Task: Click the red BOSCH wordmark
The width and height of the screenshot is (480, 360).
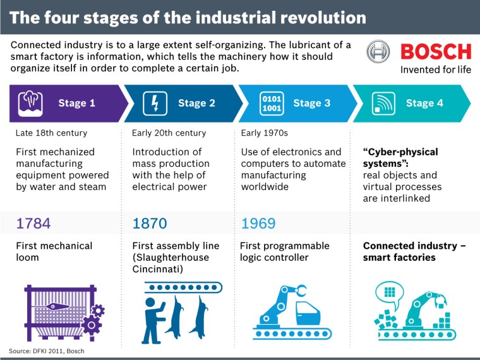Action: pos(436,52)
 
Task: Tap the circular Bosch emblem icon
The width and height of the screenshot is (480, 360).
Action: pos(379,52)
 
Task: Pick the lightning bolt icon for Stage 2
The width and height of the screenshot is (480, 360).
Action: pos(154,103)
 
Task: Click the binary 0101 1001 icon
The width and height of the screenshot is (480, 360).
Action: pos(272,103)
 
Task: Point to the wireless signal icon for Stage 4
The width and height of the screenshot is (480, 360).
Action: pos(382,103)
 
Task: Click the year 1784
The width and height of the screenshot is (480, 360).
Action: pos(33,223)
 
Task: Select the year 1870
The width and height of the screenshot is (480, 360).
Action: pos(150,223)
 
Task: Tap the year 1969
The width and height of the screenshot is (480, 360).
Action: pos(258,223)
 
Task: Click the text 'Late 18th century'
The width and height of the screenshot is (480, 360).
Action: pos(51,133)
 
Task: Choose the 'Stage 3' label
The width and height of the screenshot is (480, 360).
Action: pos(312,103)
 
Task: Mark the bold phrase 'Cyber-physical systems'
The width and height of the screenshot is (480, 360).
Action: pos(400,157)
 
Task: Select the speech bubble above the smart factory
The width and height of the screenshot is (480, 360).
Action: pos(390,292)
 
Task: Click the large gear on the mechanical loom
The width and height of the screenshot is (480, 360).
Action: pos(92,325)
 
